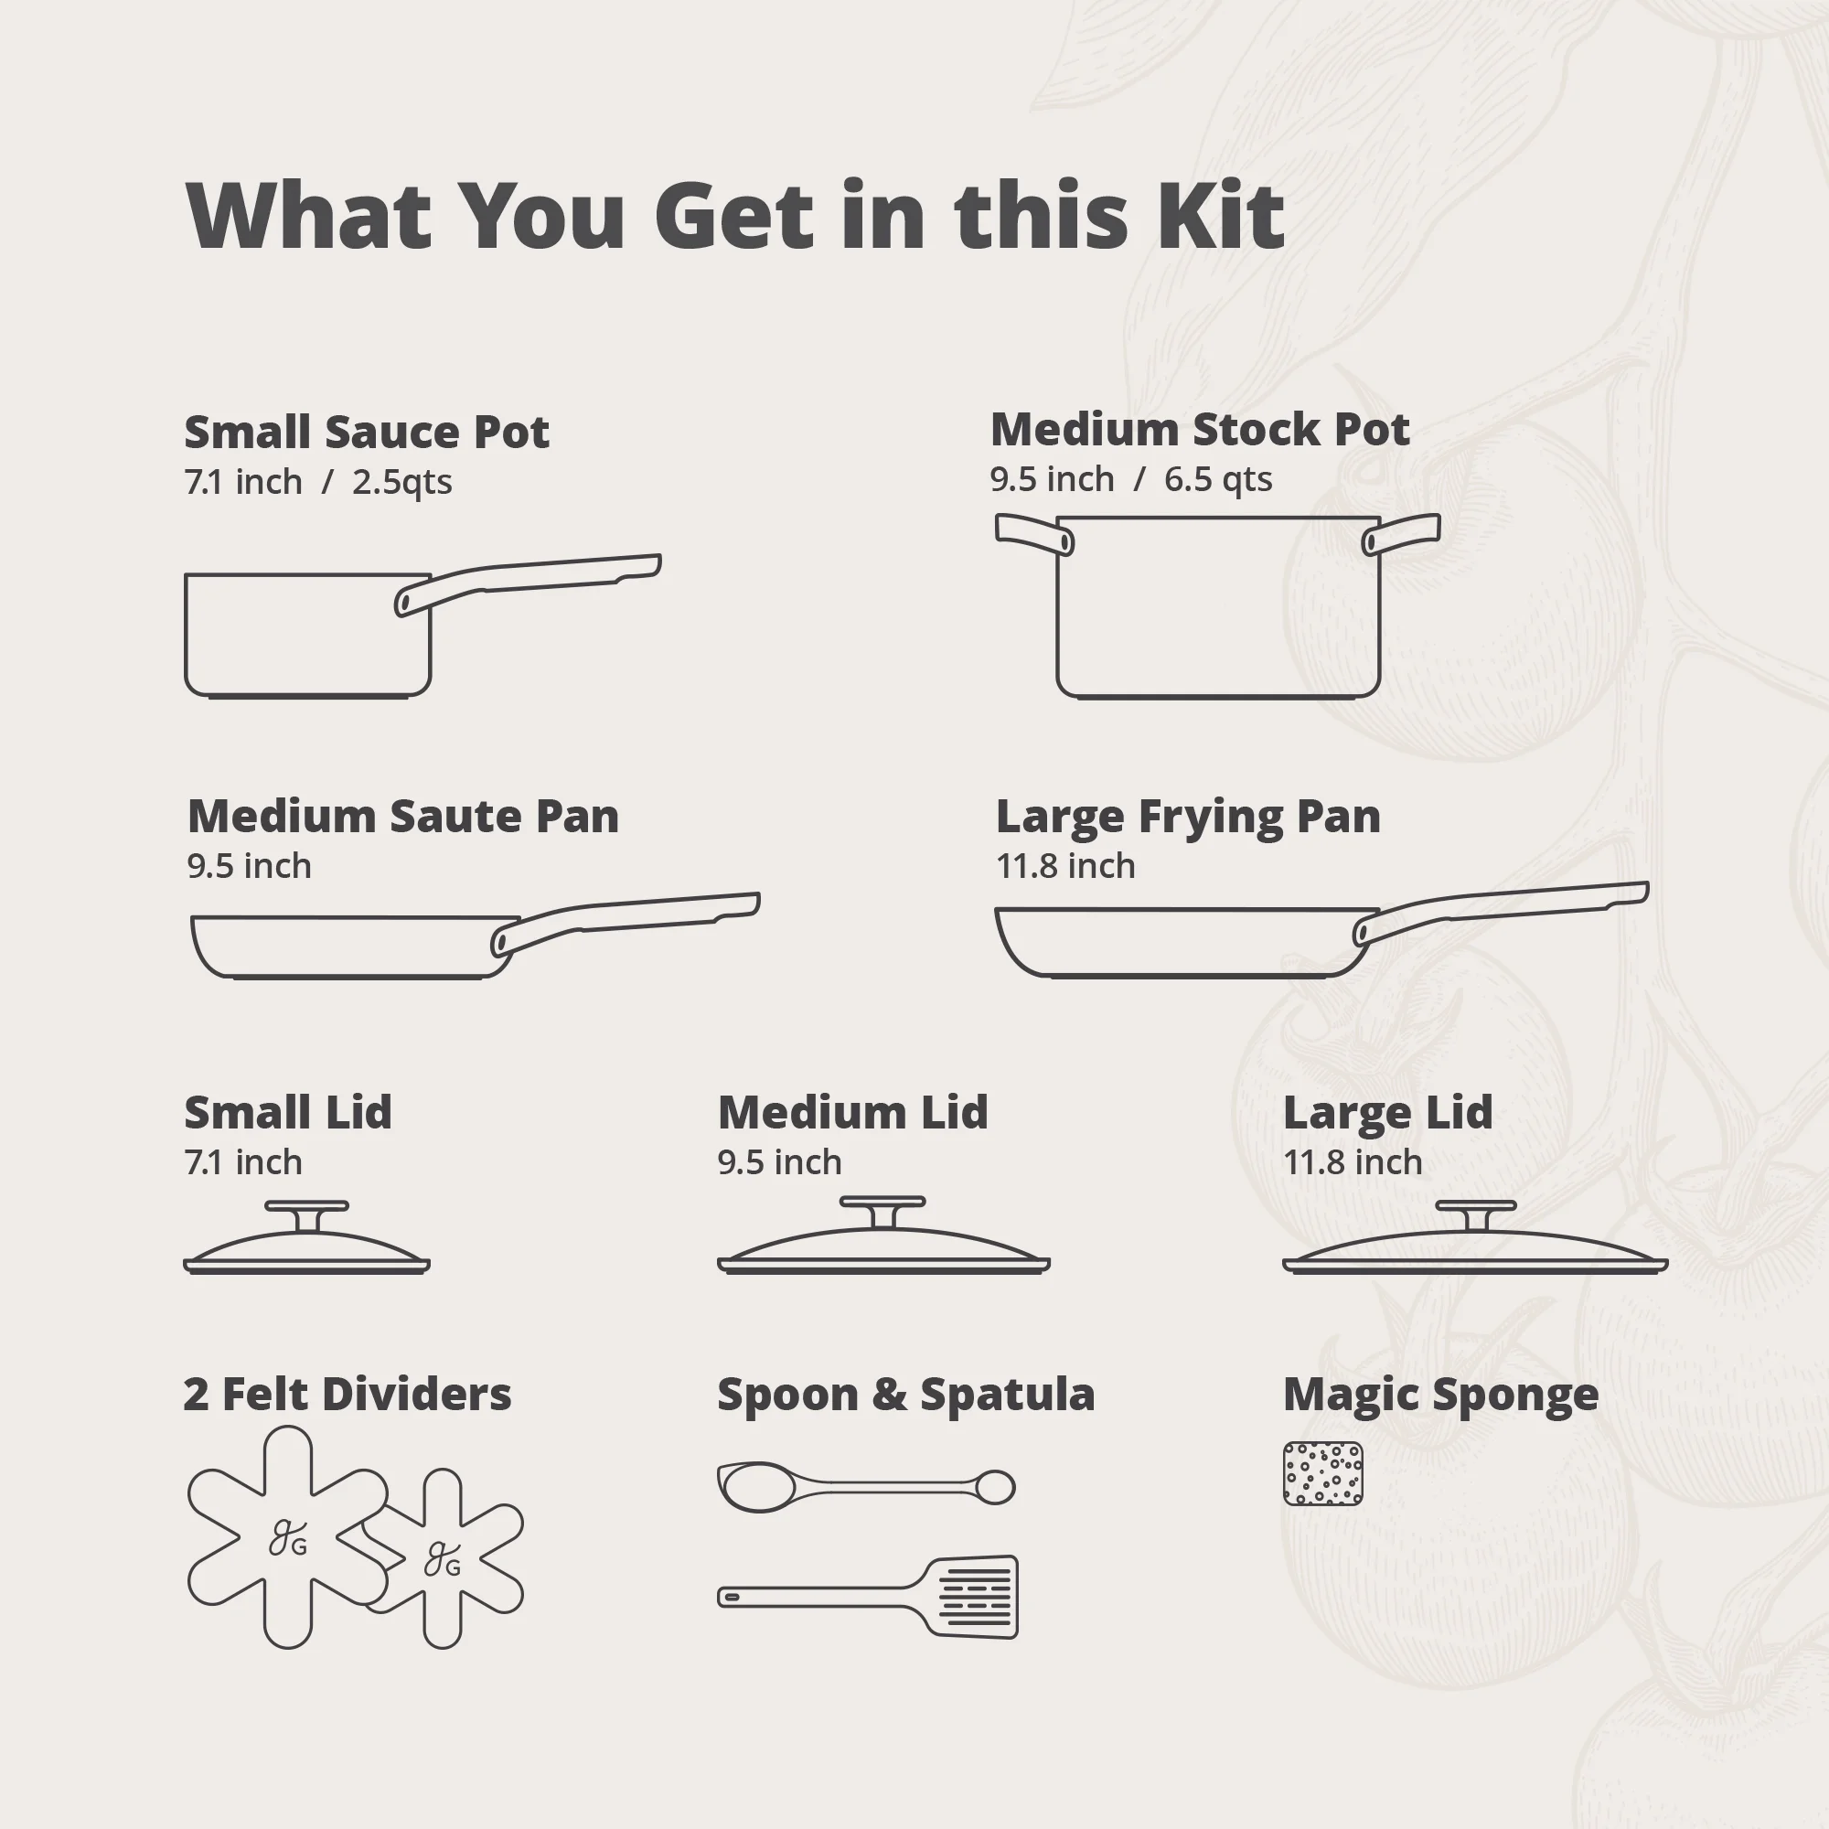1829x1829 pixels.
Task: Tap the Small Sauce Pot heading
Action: pos(367,432)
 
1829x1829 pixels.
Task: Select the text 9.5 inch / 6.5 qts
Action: pos(1130,479)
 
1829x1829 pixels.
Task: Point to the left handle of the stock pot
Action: pos(1033,533)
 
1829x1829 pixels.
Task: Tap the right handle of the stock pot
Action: pos(1401,533)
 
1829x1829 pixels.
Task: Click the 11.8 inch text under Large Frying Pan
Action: pos(1065,865)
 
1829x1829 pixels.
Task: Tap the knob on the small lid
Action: pos(306,1215)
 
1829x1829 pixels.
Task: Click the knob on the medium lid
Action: pos(882,1211)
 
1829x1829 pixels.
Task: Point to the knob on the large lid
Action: pos(1476,1214)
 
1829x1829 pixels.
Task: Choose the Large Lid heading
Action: pos(1388,1113)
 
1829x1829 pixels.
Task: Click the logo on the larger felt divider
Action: pos(288,1537)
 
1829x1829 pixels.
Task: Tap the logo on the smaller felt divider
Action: pos(442,1560)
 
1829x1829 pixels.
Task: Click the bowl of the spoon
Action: pos(754,1486)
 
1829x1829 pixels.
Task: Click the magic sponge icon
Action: pos(1322,1474)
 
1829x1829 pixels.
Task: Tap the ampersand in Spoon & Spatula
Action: pos(889,1395)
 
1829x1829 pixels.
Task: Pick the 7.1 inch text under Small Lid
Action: pos(243,1161)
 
